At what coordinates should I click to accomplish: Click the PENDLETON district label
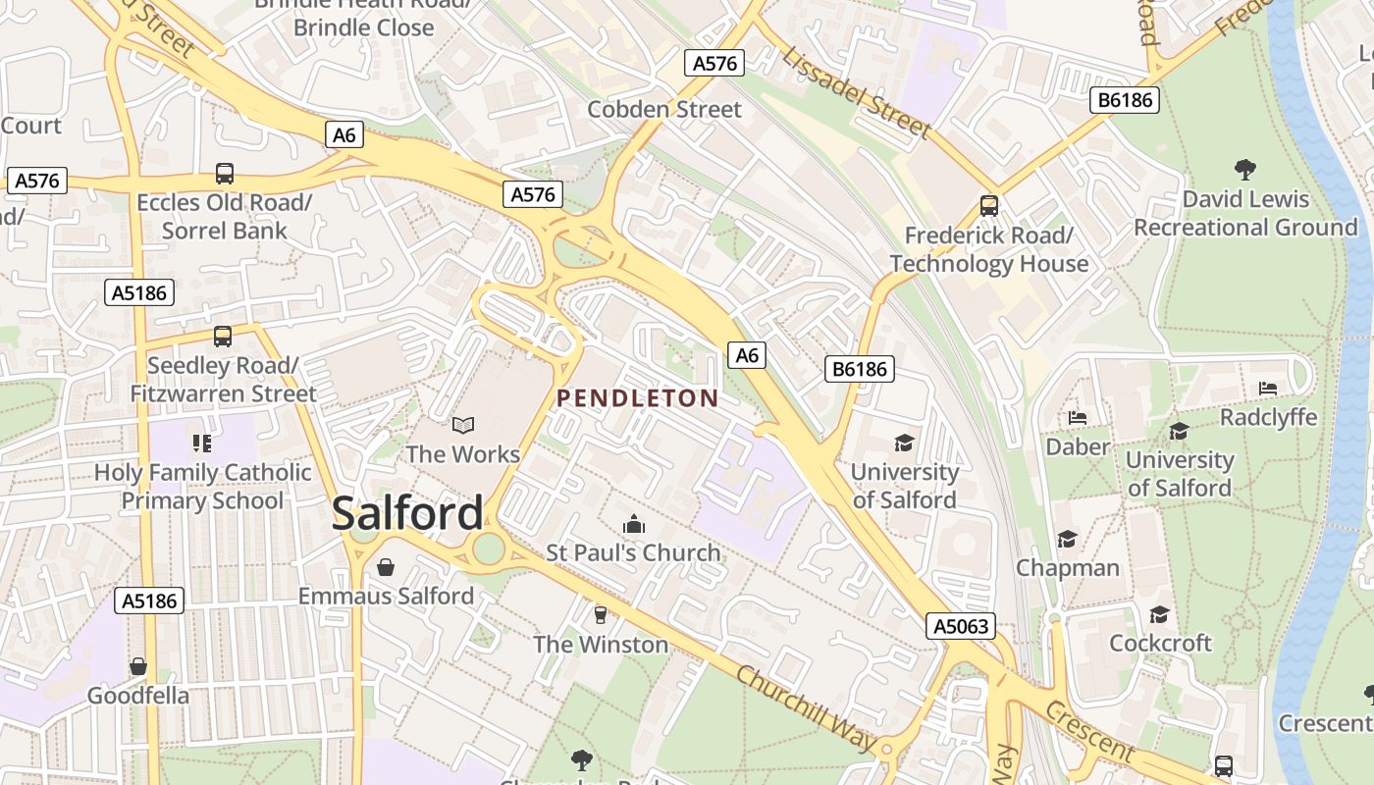pos(638,397)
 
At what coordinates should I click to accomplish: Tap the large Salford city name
pos(407,513)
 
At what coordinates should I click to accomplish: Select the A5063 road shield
pos(962,626)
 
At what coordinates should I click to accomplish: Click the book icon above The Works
pos(463,425)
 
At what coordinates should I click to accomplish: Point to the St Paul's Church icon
pos(634,524)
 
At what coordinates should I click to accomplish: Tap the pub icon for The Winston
pos(601,615)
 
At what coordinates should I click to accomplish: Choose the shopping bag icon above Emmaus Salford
pos(386,567)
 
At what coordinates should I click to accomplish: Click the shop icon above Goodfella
pos(138,667)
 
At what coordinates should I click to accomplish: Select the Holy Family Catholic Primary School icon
pos(202,443)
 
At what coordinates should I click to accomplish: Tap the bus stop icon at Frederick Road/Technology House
pos(989,206)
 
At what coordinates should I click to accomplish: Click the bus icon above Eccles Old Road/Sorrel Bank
pos(225,174)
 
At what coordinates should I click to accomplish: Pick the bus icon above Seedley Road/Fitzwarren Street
pos(223,337)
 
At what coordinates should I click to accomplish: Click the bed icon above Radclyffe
pos(1268,389)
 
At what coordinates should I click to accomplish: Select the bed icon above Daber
pos(1078,418)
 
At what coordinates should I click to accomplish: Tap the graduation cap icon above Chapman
pos(1067,539)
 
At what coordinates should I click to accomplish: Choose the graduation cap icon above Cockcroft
pos(1160,614)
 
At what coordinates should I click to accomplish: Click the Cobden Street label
pos(664,109)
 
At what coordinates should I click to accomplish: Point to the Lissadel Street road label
pos(856,92)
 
